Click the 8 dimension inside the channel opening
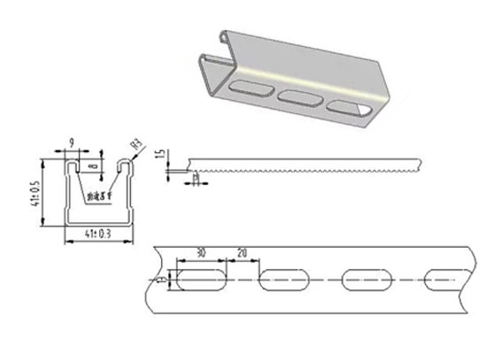[94, 164]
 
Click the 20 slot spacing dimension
[243, 253]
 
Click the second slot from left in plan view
[284, 280]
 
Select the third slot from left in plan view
[367, 280]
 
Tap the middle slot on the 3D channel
[297, 97]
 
